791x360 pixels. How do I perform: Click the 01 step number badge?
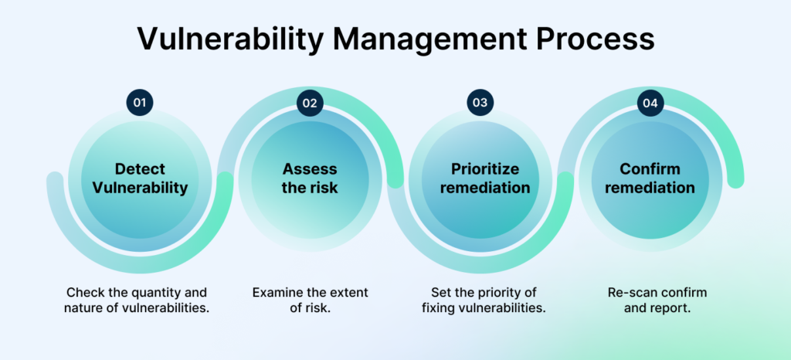pyautogui.click(x=140, y=103)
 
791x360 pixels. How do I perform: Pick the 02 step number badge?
pyautogui.click(x=310, y=103)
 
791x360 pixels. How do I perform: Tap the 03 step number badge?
pyautogui.click(x=480, y=103)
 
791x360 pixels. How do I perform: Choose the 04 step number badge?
pyautogui.click(x=650, y=103)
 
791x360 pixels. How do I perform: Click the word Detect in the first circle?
pyautogui.click(x=141, y=169)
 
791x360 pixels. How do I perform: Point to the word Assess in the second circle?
pyautogui.click(x=310, y=169)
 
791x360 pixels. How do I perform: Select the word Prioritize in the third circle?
pyautogui.click(x=485, y=169)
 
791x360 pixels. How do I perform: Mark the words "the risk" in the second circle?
pyautogui.click(x=310, y=188)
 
